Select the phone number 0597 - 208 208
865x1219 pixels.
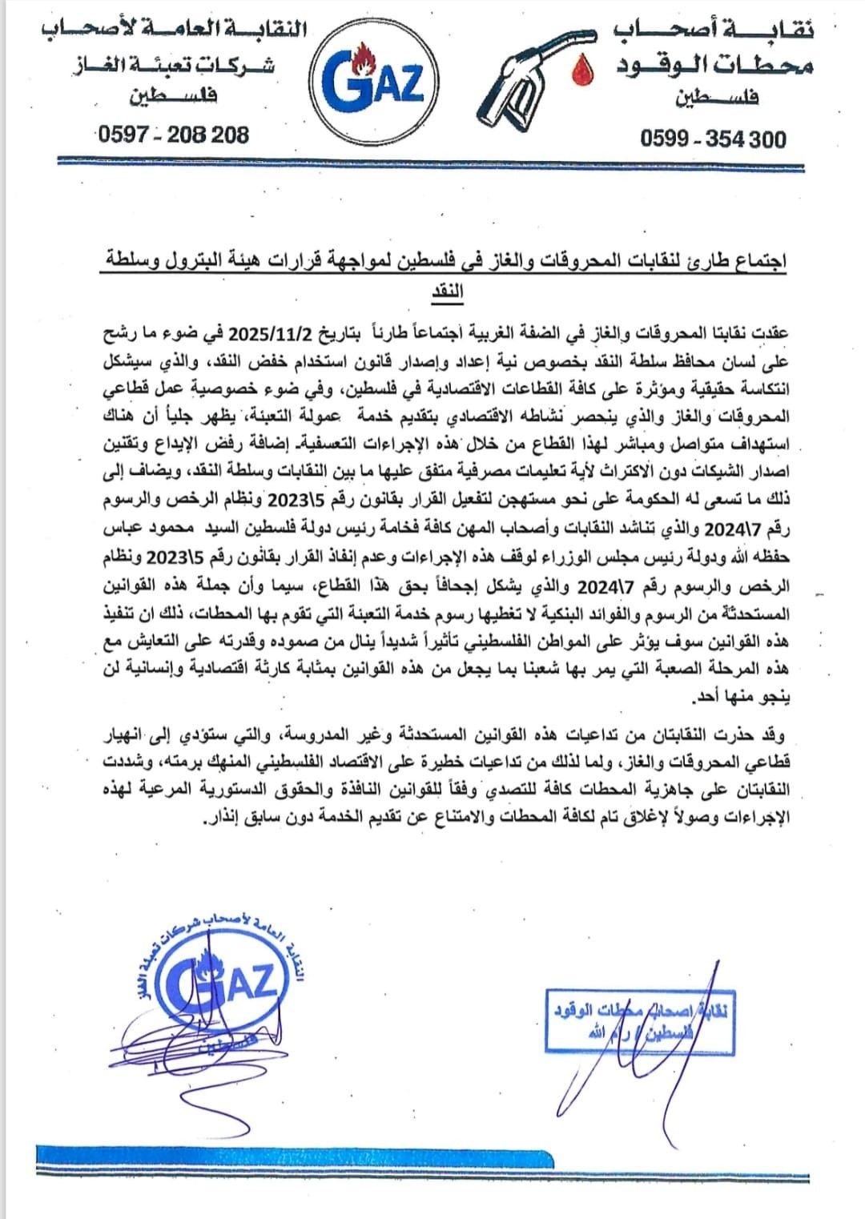[173, 135]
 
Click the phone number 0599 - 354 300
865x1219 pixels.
[713, 139]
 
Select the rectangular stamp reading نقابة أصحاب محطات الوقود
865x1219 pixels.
[638, 1022]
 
